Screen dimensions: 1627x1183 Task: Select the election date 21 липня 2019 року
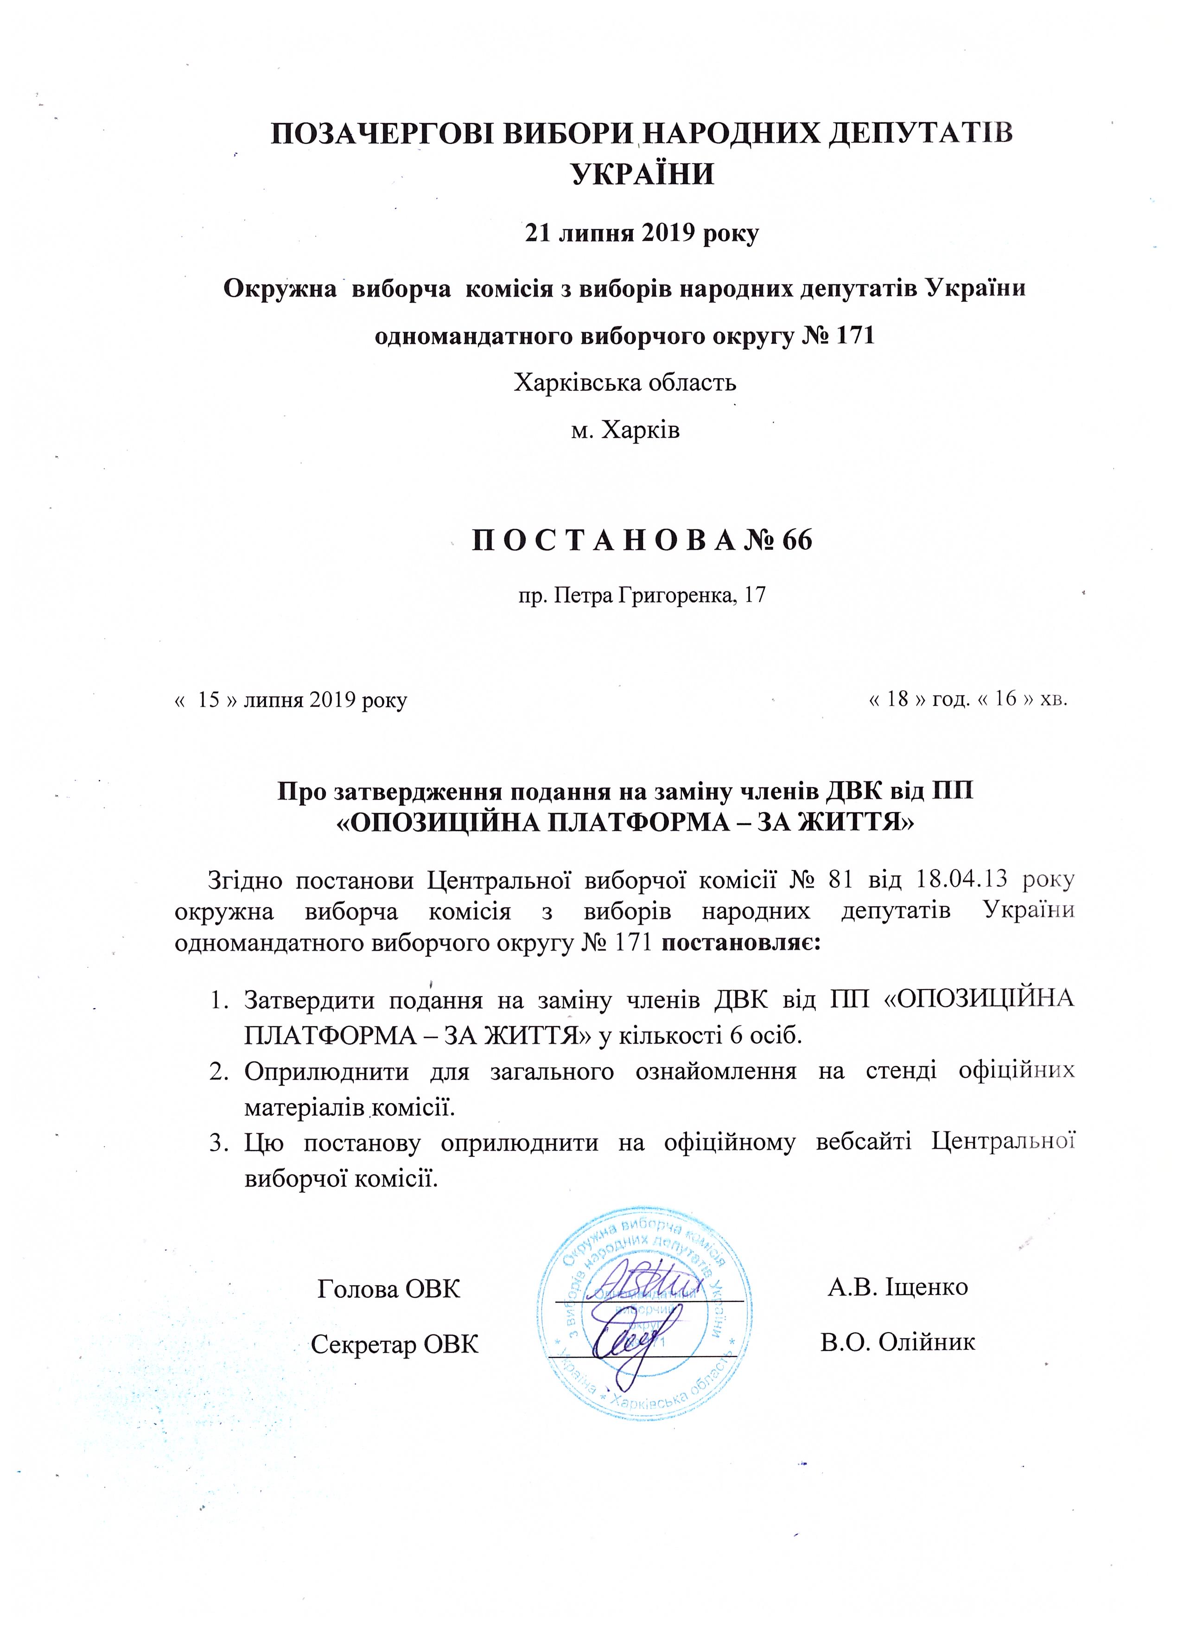642,234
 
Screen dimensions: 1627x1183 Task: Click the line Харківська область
625,382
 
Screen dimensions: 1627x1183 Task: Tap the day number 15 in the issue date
208,699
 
